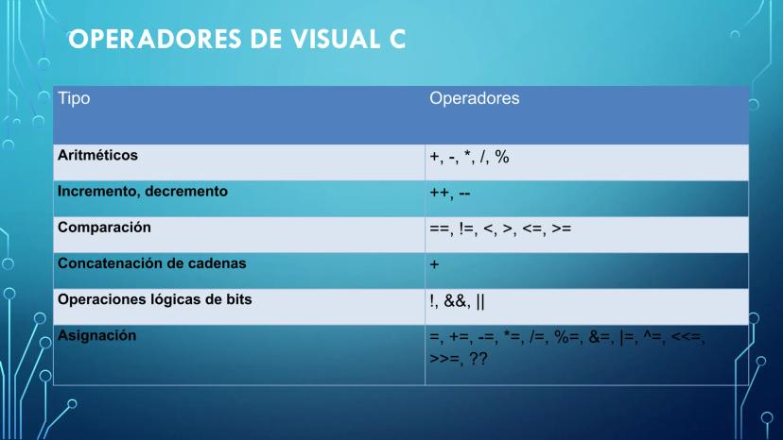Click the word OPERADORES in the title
coord(156,40)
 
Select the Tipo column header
coord(74,98)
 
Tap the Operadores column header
coord(475,98)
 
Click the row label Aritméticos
coord(98,155)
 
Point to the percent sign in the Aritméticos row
coord(502,157)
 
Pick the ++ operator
coord(440,193)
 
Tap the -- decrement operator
coord(464,194)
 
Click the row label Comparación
coord(104,228)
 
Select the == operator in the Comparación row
coord(440,229)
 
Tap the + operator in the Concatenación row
coord(434,264)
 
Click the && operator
coord(456,301)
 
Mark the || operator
coord(480,301)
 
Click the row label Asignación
coord(96,336)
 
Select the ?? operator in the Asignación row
coord(478,358)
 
